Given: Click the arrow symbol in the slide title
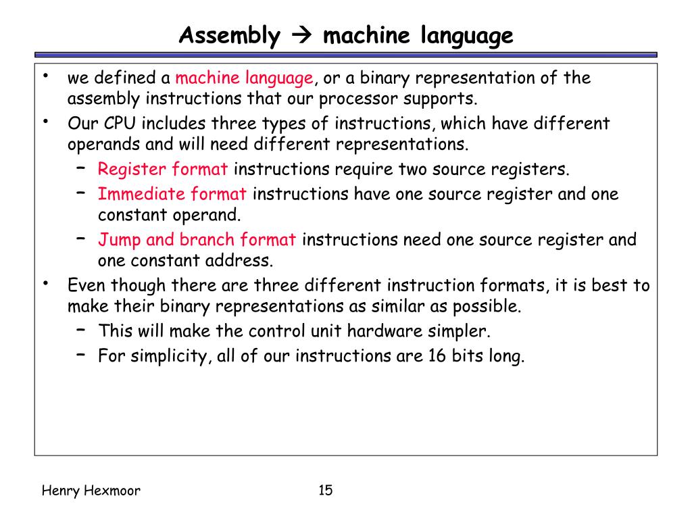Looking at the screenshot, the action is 301,35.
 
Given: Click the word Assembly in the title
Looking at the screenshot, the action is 229,35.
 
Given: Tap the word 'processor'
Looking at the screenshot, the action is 359,99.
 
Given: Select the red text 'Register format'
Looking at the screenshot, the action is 163,169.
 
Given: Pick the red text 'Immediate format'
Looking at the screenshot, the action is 172,195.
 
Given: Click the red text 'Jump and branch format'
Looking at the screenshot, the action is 197,240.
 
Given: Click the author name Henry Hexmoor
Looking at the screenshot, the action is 91,491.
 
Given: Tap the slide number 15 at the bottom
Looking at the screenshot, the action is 325,490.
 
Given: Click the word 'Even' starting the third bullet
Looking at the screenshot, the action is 86,285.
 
